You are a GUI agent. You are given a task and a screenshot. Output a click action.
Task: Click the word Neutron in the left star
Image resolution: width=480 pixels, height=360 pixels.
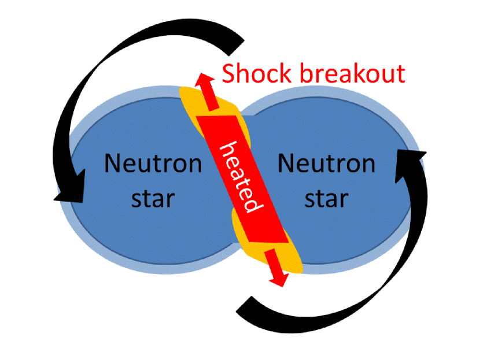pyautogui.click(x=153, y=164)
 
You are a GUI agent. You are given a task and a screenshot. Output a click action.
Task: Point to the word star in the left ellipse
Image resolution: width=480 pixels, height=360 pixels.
pyautogui.click(x=153, y=198)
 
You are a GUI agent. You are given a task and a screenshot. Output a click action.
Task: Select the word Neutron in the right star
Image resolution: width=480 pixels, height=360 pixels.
pyautogui.click(x=326, y=164)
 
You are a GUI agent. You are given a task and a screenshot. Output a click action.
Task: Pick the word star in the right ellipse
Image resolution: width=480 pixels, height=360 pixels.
pyautogui.click(x=326, y=198)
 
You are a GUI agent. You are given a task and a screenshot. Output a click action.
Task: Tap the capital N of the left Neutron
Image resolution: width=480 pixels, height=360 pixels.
pyautogui.click(x=113, y=164)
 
